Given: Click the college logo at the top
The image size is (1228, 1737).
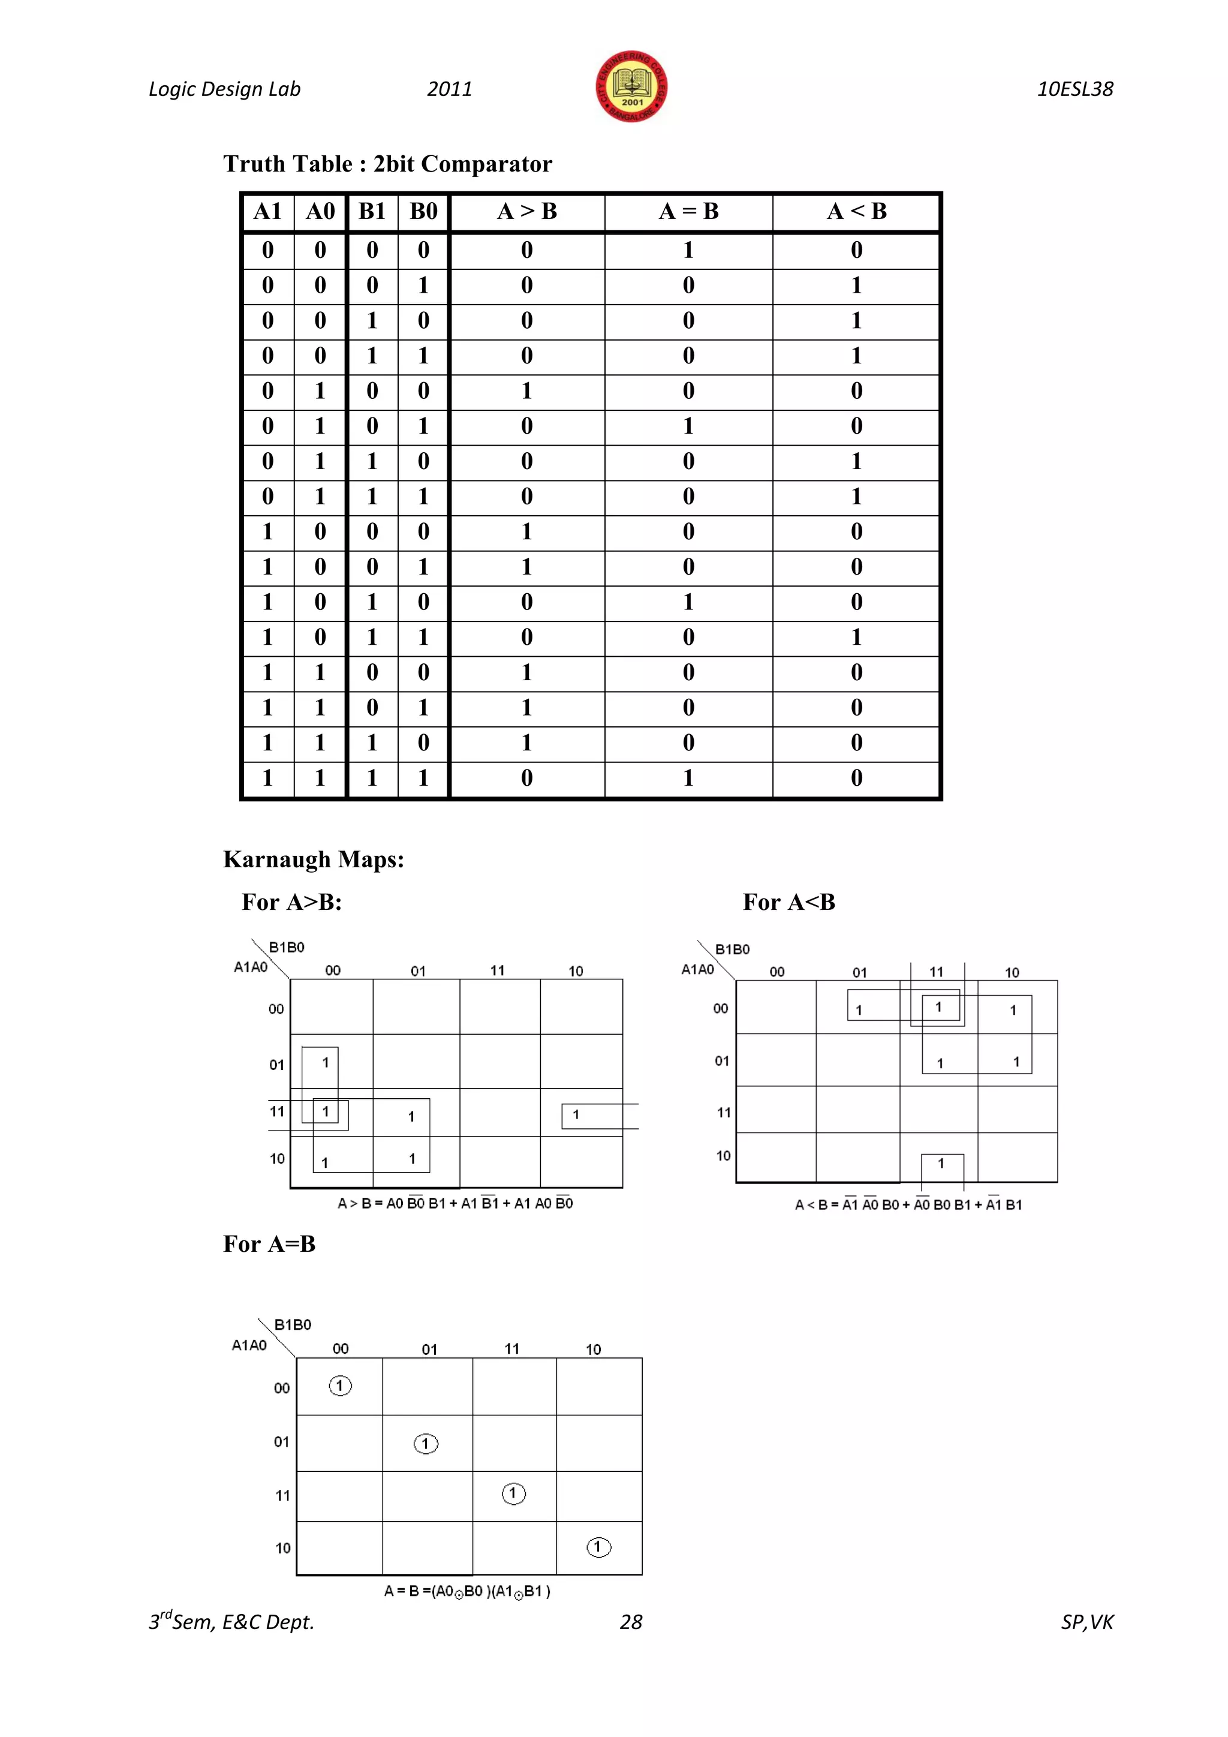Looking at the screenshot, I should [x=631, y=87].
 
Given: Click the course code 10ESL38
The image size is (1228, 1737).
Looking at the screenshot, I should [x=1074, y=89].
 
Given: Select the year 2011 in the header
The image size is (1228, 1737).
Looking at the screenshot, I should [x=449, y=89].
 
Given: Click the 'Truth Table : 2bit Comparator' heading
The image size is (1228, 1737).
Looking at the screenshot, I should [x=387, y=164].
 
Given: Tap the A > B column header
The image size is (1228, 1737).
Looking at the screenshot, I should [x=527, y=212].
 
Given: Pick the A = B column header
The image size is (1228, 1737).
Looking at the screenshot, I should [x=688, y=212].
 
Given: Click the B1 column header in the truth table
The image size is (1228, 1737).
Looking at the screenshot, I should [x=372, y=212].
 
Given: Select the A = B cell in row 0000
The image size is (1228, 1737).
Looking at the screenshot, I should [x=688, y=250].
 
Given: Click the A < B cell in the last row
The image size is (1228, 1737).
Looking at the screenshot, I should [x=856, y=778].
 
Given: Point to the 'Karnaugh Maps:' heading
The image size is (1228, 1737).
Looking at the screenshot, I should [x=313, y=860].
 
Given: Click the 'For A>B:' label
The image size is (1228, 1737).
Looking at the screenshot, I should [x=292, y=901].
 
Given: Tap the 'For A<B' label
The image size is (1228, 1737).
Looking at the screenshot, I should [x=788, y=901].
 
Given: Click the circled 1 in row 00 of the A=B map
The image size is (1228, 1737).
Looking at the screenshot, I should [x=340, y=1386].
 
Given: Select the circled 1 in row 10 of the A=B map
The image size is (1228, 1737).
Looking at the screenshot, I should [x=598, y=1547].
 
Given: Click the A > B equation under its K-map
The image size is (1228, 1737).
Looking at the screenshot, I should [x=455, y=1203].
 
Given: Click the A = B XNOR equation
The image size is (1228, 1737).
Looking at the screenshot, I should [x=466, y=1591].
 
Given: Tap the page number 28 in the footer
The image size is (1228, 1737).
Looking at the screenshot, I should [x=631, y=1622].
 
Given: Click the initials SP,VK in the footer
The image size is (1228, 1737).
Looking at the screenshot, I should [x=1086, y=1622].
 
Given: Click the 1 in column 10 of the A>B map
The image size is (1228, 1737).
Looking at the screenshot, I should [x=576, y=1114].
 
